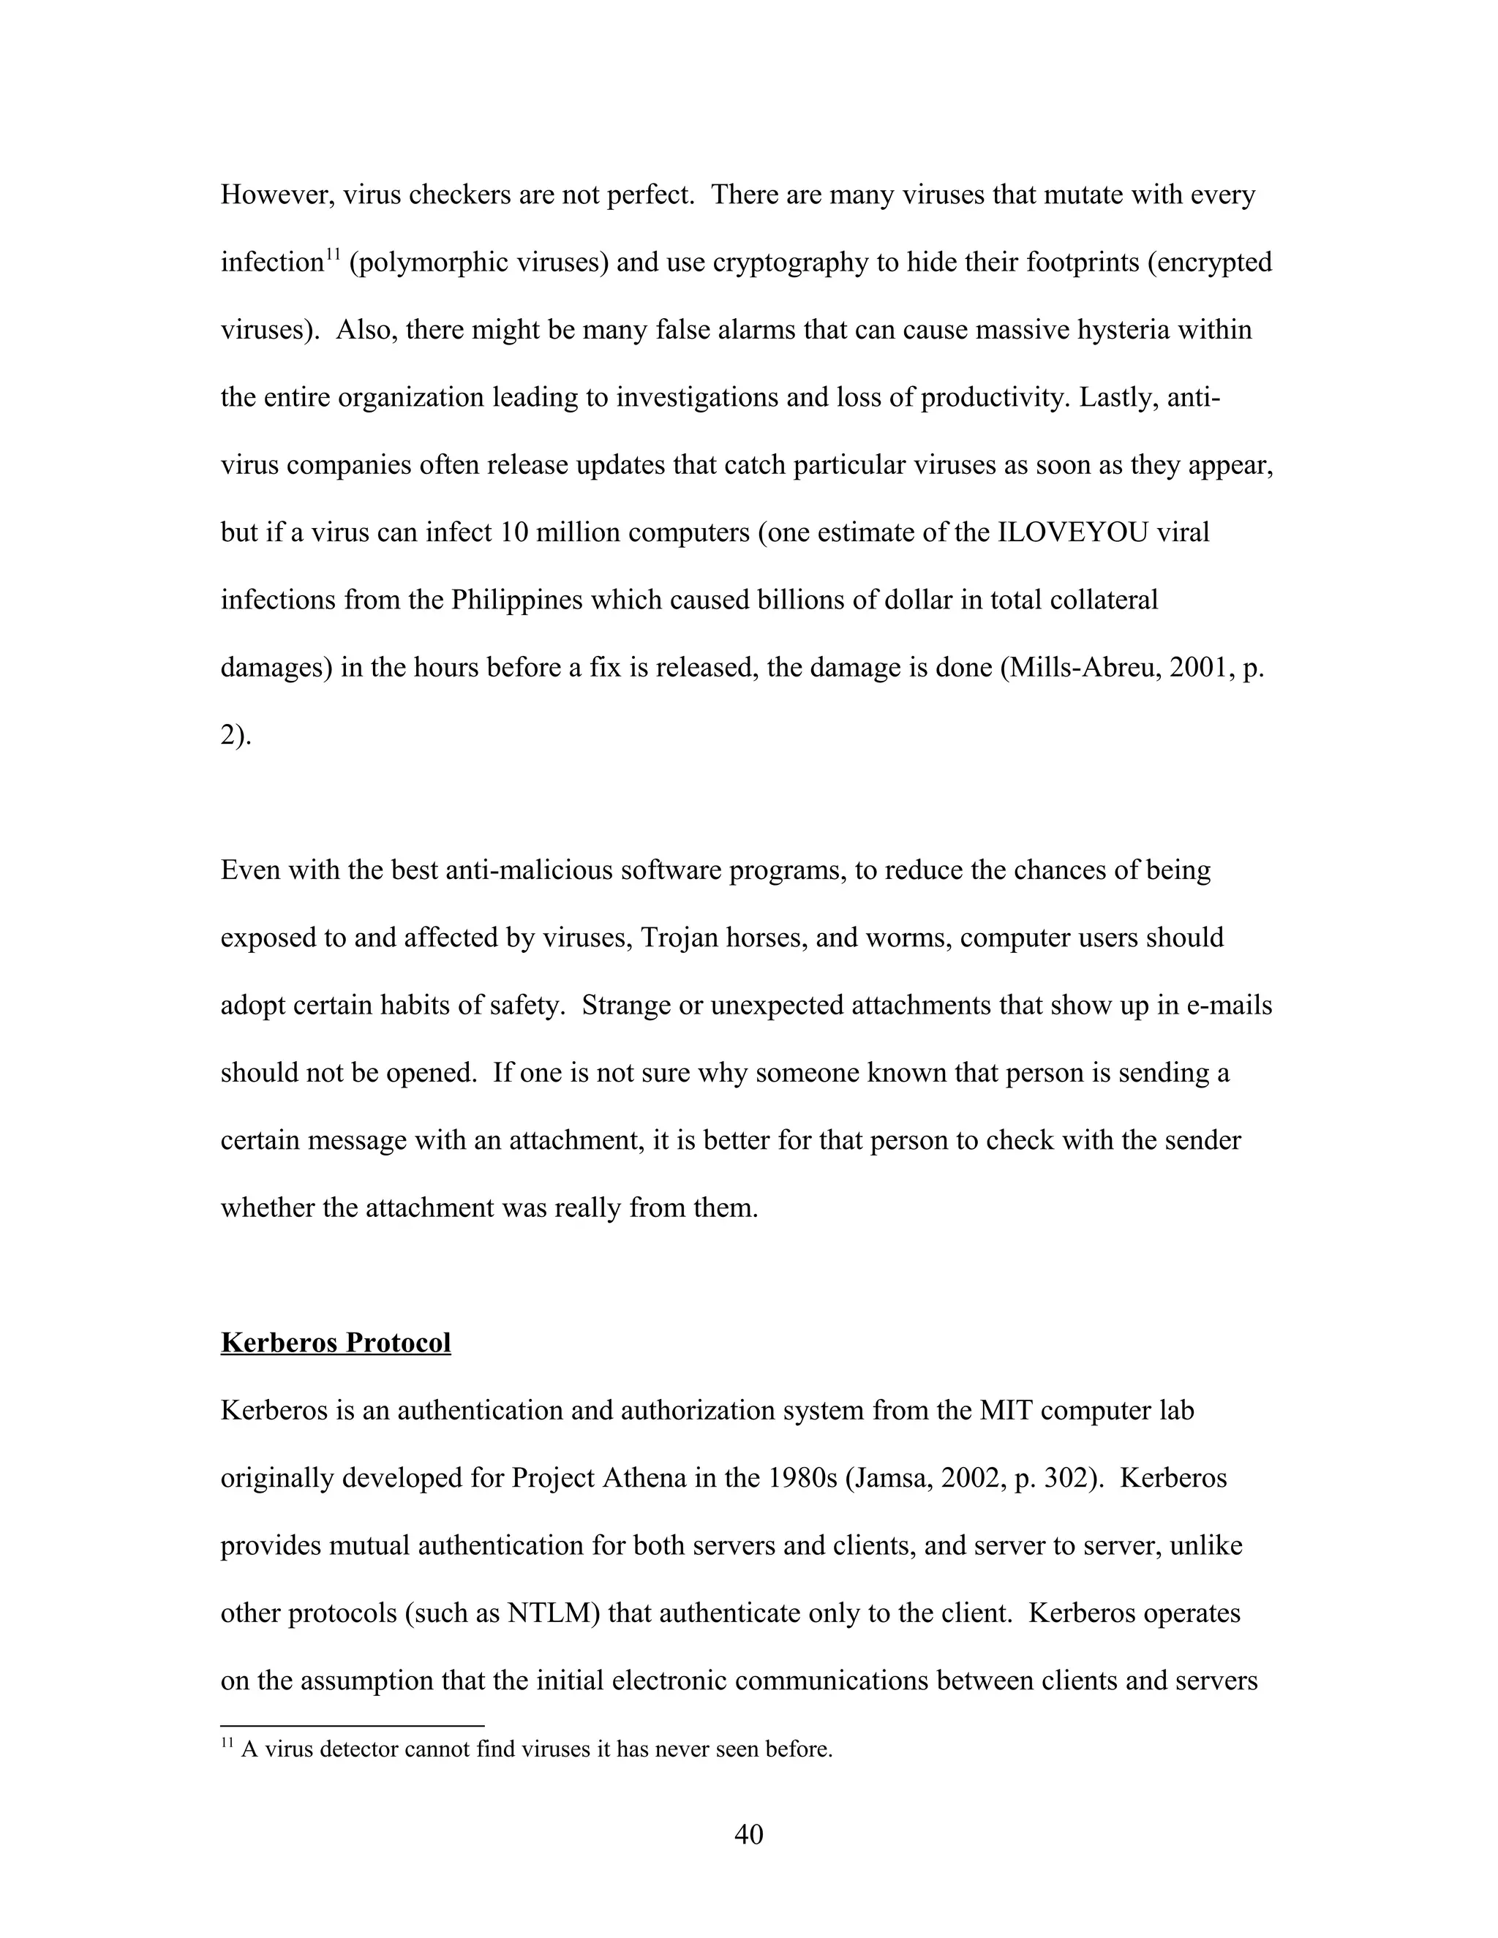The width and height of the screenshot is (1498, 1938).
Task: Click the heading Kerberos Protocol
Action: coord(336,1343)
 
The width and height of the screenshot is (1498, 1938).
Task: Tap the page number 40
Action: coord(748,1833)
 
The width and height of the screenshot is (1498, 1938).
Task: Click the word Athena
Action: coord(645,1477)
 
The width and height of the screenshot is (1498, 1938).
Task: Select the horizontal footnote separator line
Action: coord(353,1725)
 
